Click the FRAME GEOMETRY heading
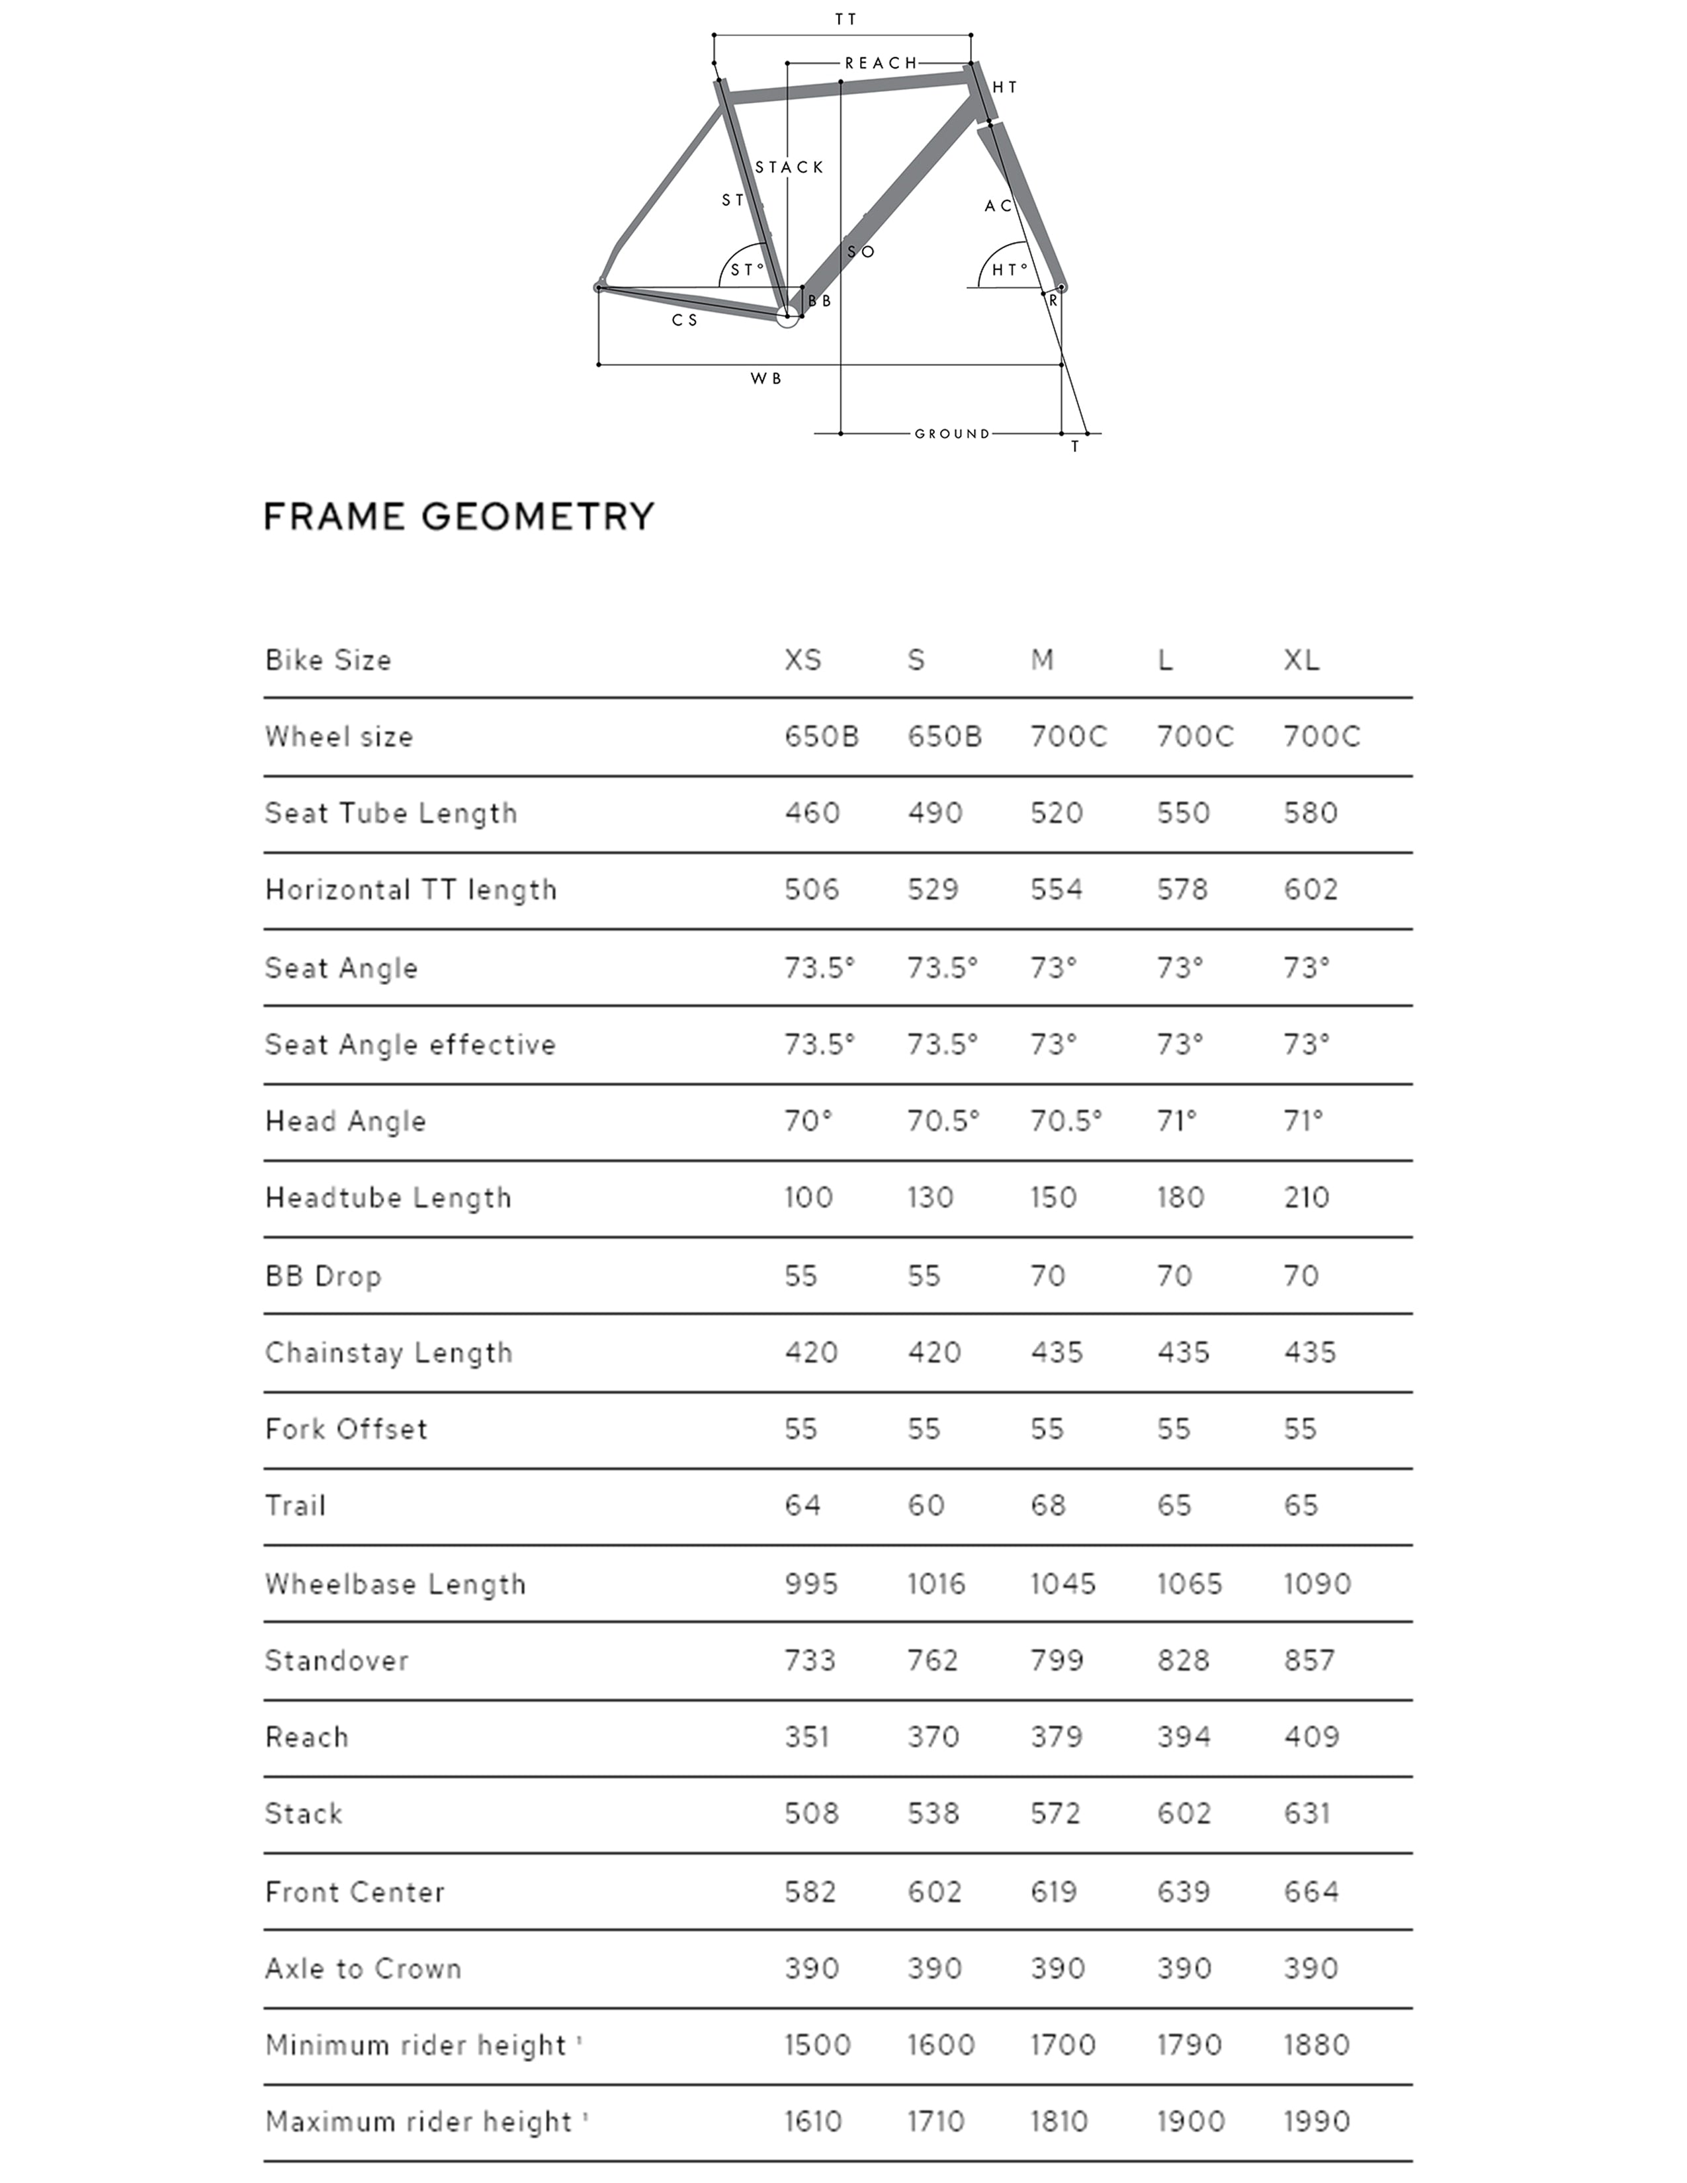pyautogui.click(x=458, y=517)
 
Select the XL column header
pyautogui.click(x=1301, y=660)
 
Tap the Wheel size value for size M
pyautogui.click(x=1068, y=737)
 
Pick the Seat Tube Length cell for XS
pyautogui.click(x=812, y=812)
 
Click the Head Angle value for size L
pyautogui.click(x=1176, y=1121)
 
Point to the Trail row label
pyautogui.click(x=296, y=1506)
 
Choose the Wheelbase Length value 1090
pyautogui.click(x=1317, y=1583)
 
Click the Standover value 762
pyautogui.click(x=932, y=1660)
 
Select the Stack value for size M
pyautogui.click(x=1055, y=1813)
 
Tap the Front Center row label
pyautogui.click(x=355, y=1891)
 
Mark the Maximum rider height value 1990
pyautogui.click(x=1317, y=2121)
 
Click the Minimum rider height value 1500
pyautogui.click(x=816, y=2044)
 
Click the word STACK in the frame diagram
pyautogui.click(x=789, y=167)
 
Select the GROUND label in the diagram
pyautogui.click(x=951, y=434)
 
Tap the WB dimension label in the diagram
pyautogui.click(x=765, y=379)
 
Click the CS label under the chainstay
pyautogui.click(x=685, y=320)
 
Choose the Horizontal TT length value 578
pyautogui.click(x=1182, y=890)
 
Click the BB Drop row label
pyautogui.click(x=323, y=1275)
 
